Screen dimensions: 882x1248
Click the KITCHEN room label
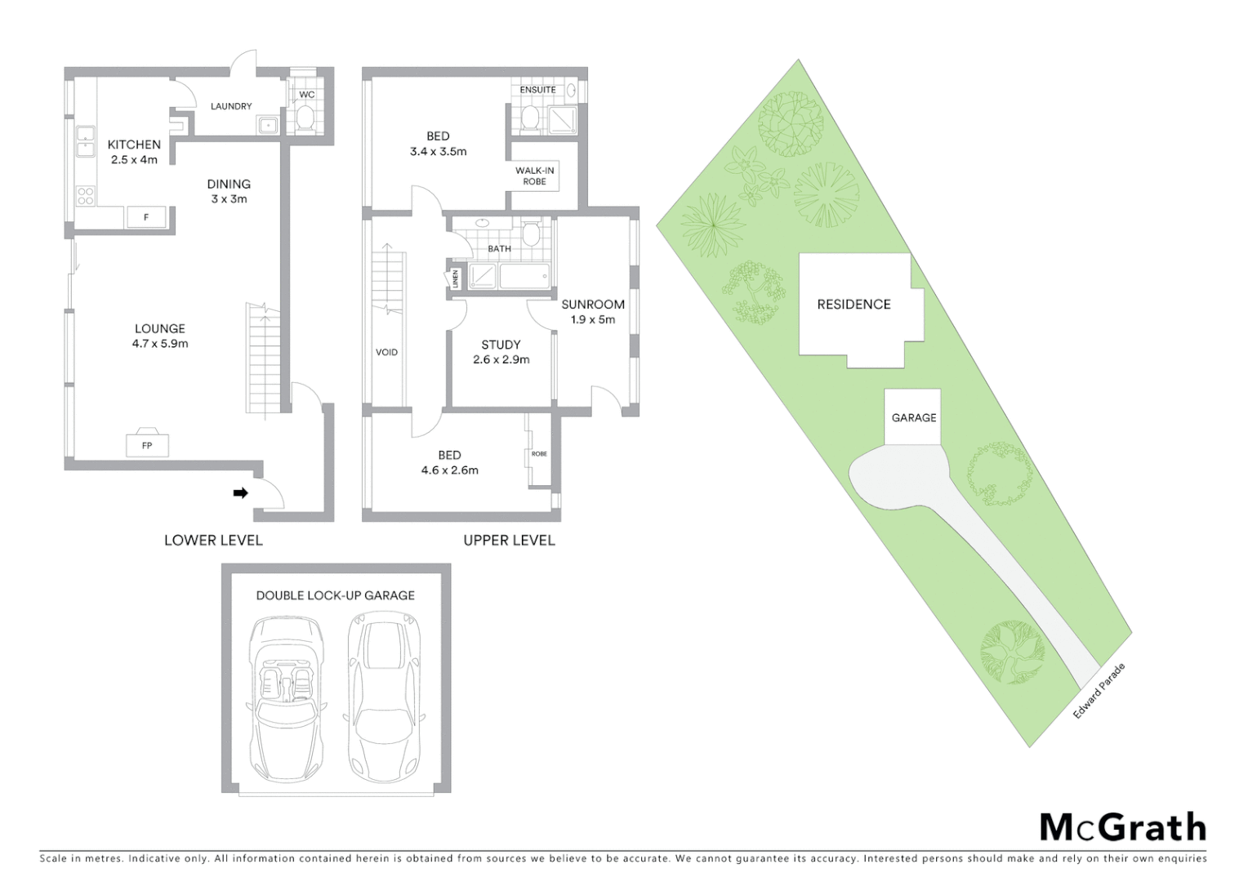134,145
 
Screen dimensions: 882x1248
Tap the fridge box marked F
146,217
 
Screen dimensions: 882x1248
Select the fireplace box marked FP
147,445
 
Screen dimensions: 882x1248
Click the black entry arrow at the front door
241,492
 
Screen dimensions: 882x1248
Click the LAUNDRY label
231,106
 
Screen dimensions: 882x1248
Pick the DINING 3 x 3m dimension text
229,199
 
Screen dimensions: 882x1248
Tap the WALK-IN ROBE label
535,176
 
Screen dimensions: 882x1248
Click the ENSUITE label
537,90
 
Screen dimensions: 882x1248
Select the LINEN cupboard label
455,278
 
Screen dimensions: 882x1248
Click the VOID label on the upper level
386,353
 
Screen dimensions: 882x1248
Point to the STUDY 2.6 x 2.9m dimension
501,359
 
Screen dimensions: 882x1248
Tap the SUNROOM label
593,305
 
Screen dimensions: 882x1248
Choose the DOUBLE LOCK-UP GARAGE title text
335,595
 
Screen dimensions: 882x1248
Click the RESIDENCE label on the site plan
854,305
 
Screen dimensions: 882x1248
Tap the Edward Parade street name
1099,691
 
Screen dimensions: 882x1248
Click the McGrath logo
1122,827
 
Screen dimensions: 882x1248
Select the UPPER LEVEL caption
509,540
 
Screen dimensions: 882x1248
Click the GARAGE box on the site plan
913,417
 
